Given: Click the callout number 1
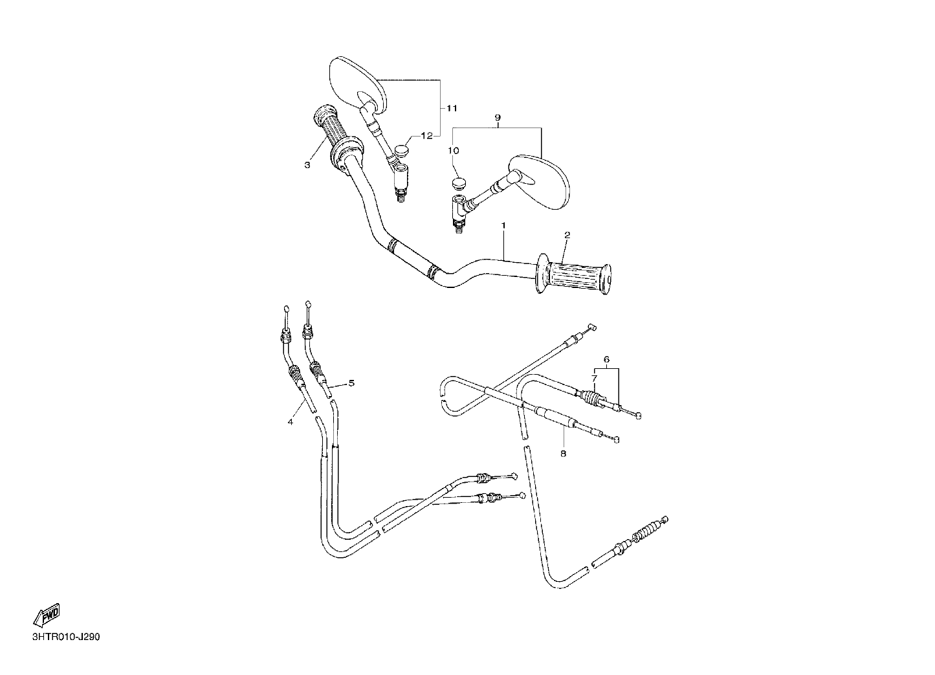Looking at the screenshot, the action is point(503,225).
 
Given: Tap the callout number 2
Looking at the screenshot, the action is point(567,235).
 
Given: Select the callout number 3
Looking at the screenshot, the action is point(307,165).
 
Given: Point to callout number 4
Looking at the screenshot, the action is point(290,421).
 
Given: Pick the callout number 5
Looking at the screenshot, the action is point(351,382).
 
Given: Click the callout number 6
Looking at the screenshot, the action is point(606,359).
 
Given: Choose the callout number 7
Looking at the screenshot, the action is point(595,378).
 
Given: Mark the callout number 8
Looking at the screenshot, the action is point(563,453).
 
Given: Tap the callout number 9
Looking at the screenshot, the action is point(498,118).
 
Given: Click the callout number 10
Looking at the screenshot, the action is point(454,150).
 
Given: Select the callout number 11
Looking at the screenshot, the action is point(452,109).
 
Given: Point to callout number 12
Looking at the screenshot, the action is point(427,136).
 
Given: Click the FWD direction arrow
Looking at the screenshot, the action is point(47,615).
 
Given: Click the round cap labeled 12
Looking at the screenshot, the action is point(402,150).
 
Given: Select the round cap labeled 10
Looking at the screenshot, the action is point(459,183).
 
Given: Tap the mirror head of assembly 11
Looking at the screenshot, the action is point(357,85).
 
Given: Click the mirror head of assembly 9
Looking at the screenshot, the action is point(540,181).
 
